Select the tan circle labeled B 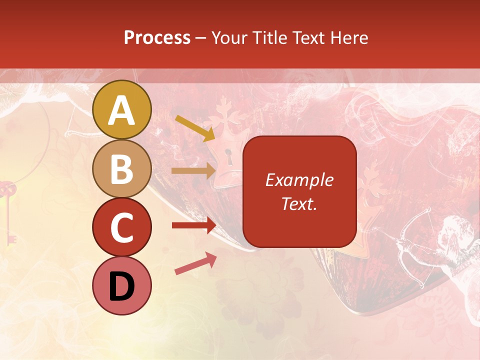pyautogui.click(x=122, y=168)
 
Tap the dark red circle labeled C pyautogui.click(x=122, y=227)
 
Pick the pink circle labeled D pyautogui.click(x=122, y=285)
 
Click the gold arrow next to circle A pyautogui.click(x=195, y=127)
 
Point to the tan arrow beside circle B pyautogui.click(x=193, y=170)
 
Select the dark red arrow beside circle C pyautogui.click(x=193, y=225)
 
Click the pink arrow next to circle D pyautogui.click(x=195, y=263)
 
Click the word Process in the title pyautogui.click(x=157, y=37)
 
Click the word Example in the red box pyautogui.click(x=299, y=180)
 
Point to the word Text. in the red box pyautogui.click(x=299, y=203)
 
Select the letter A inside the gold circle pyautogui.click(x=122, y=110)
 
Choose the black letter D pyautogui.click(x=122, y=286)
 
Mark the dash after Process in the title pyautogui.click(x=201, y=38)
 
